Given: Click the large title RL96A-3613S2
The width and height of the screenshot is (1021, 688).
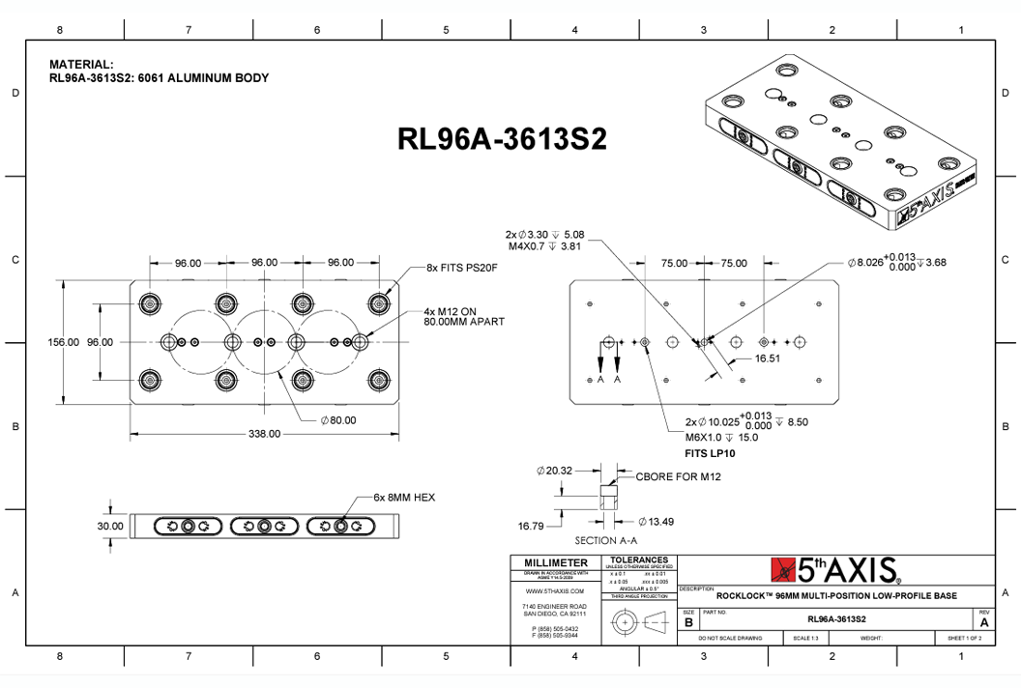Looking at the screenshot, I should (502, 139).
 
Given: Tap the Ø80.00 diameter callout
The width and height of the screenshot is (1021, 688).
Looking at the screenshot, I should (338, 420).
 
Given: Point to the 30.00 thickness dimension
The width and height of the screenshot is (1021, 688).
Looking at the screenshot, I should (110, 526).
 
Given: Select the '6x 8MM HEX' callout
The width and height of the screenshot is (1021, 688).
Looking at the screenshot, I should (404, 498).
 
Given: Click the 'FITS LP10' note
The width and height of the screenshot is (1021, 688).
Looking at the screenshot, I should (711, 452).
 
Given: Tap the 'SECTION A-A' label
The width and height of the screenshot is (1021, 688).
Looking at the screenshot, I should (608, 540).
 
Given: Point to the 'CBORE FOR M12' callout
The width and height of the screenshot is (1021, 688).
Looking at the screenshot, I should (679, 476).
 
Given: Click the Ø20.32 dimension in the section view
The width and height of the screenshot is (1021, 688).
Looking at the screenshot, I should (555, 472).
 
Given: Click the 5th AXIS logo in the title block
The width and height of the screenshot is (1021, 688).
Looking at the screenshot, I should (836, 569).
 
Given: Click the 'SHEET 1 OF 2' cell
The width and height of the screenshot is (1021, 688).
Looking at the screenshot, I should (963, 639).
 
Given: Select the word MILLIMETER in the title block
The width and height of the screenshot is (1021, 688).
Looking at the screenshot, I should (555, 562).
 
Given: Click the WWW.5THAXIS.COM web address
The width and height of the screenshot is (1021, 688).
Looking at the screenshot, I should (555, 590).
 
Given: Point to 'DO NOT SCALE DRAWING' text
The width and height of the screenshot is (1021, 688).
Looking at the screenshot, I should (730, 639).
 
